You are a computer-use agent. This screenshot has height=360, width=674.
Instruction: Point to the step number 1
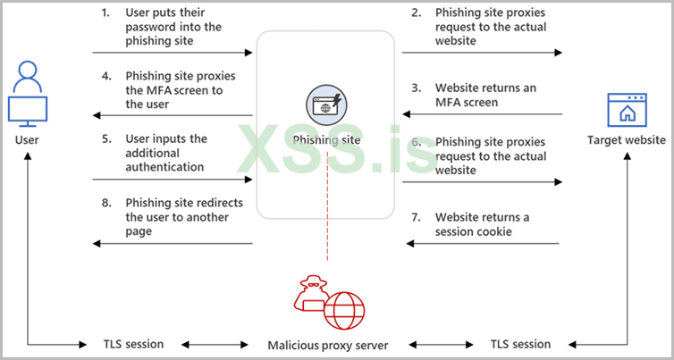105,13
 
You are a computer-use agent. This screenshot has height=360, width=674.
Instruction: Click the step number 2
417,13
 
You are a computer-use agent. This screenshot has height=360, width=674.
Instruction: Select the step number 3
417,88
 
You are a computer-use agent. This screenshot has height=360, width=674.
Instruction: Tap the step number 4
105,76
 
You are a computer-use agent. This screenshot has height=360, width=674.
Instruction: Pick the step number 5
105,138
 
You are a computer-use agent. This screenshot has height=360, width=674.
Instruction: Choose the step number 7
417,217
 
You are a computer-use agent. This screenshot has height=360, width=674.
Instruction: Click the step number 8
105,204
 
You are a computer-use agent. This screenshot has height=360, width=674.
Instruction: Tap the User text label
27,141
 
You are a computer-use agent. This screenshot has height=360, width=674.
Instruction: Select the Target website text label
626,140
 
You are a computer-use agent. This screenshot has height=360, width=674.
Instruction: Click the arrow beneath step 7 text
483,243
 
